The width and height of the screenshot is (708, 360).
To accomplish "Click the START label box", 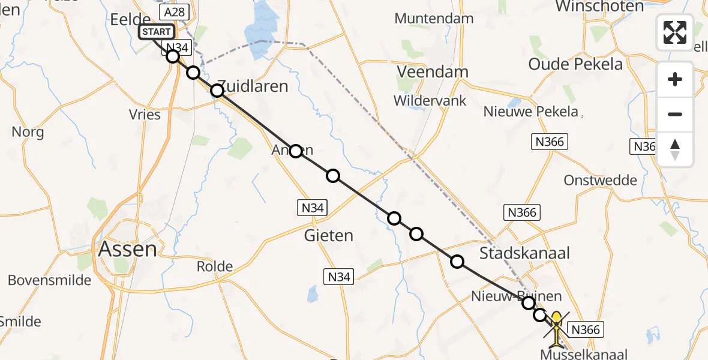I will click(157, 32).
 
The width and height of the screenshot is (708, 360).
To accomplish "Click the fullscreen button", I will click(675, 32).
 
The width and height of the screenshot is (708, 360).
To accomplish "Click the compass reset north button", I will click(675, 149).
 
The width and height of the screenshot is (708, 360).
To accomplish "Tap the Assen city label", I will click(128, 248).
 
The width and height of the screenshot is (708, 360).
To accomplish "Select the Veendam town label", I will click(433, 72).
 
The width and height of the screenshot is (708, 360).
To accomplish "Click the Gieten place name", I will click(329, 235).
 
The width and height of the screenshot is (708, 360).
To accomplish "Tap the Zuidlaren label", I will click(252, 86).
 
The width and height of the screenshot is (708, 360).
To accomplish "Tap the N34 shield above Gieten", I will click(313, 208).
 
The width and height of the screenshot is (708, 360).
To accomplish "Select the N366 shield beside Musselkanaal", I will click(585, 329).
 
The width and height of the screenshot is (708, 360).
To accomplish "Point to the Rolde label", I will click(214, 266).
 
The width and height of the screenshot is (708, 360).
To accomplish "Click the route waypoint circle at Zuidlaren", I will click(217, 91).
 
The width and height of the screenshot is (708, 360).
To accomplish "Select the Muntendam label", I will click(434, 19).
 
